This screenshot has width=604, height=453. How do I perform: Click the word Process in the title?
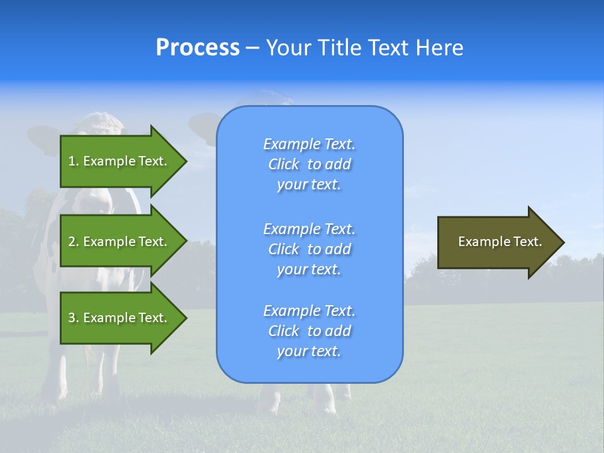coord(198,48)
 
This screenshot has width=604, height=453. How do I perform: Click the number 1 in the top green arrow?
coord(72,161)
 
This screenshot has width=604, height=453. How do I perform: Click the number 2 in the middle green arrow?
coord(72,242)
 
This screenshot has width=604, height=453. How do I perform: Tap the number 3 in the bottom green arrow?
coord(72,318)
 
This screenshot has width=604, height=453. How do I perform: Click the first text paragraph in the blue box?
coord(309,164)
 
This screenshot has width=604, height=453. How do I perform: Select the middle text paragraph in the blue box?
coord(309,249)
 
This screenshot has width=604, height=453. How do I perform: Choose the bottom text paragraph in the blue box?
coord(309,331)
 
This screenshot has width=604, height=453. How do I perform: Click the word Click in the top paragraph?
coord(283,164)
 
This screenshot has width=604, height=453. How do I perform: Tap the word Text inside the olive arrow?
coord(527,242)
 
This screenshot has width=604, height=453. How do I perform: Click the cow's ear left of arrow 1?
coord(43,139)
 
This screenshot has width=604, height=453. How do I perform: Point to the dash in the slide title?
coord(252,48)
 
